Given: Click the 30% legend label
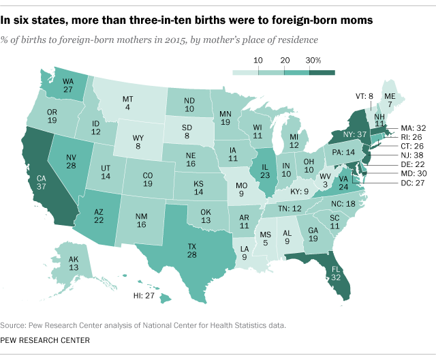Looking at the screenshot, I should [314, 60].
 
